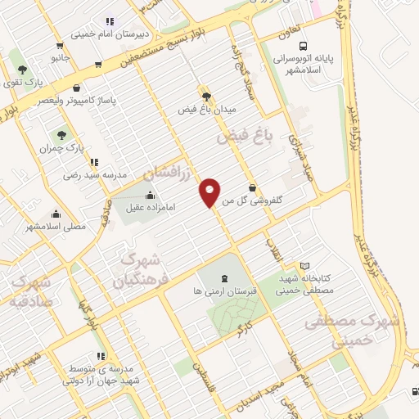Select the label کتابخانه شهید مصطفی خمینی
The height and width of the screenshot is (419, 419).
click(x=304, y=284)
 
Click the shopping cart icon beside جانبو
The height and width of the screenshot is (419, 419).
click(x=59, y=46)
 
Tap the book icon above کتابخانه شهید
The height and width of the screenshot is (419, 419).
click(x=304, y=266)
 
